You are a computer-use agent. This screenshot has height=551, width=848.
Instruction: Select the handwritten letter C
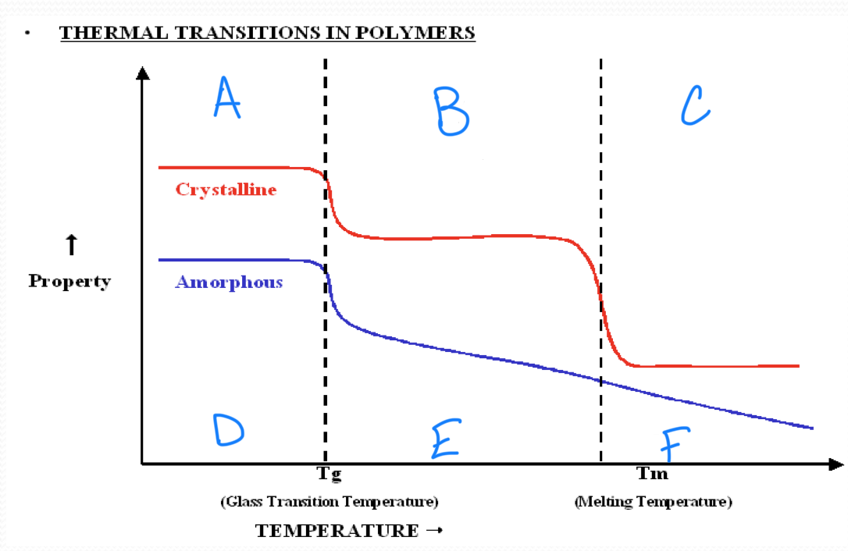694,105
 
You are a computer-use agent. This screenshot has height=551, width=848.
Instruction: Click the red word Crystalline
226,190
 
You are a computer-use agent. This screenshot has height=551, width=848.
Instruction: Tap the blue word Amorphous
229,282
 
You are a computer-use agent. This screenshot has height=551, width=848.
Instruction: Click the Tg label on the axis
329,473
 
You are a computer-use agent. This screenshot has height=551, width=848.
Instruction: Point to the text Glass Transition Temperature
329,501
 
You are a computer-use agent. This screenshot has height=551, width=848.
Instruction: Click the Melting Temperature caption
653,501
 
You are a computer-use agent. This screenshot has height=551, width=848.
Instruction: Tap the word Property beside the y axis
69,281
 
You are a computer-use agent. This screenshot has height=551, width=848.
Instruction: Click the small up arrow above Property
70,245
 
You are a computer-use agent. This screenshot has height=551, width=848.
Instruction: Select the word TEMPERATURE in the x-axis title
337,531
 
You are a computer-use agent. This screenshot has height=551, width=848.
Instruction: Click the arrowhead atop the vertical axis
142,73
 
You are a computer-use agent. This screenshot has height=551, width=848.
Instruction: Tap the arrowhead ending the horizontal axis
836,464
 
